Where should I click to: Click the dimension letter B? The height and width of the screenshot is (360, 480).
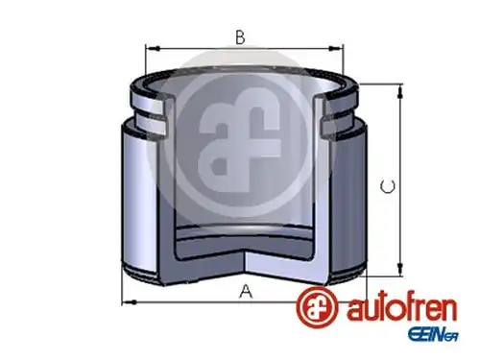click(240, 37)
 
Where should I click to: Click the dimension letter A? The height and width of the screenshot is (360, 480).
click(246, 292)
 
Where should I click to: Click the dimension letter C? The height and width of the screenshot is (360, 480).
click(388, 186)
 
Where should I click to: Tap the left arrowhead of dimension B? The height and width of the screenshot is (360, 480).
click(153, 48)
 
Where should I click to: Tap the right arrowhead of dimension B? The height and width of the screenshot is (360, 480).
click(336, 48)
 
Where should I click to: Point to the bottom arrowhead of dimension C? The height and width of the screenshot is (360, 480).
click(400, 268)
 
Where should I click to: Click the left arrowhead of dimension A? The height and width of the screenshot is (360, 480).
click(130, 301)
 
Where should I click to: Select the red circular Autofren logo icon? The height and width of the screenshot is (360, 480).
click(317, 306)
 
